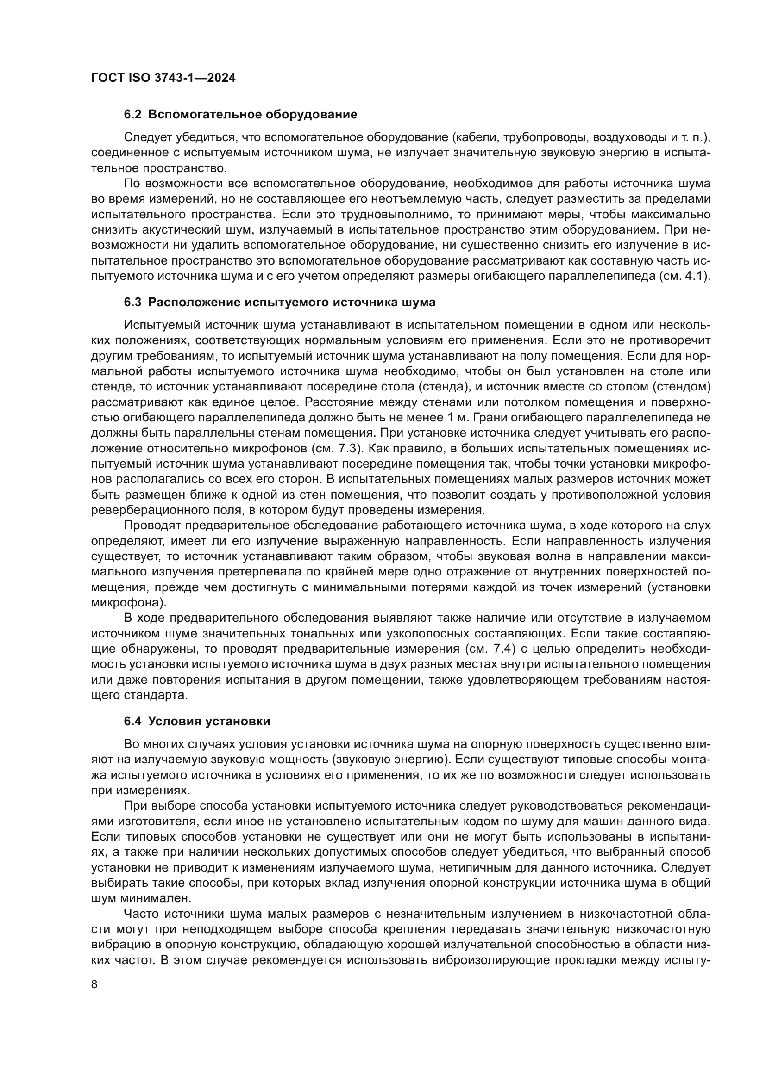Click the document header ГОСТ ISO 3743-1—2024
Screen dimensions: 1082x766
point(163,78)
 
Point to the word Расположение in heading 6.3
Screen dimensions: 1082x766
point(194,303)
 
